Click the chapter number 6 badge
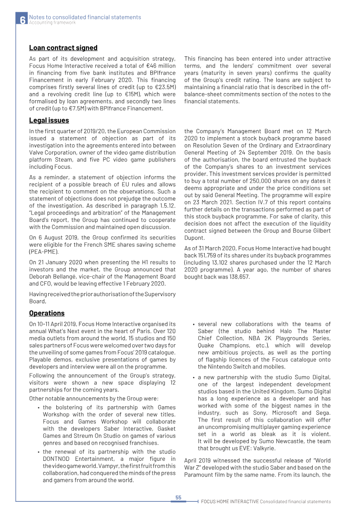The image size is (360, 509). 22,20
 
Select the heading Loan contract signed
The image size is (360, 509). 63,48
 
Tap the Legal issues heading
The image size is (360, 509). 49,120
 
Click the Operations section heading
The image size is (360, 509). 47,313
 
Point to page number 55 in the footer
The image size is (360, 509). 178,497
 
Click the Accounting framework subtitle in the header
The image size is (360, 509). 52,23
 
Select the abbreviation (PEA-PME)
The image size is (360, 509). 44,252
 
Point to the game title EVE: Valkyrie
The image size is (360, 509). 256,448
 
